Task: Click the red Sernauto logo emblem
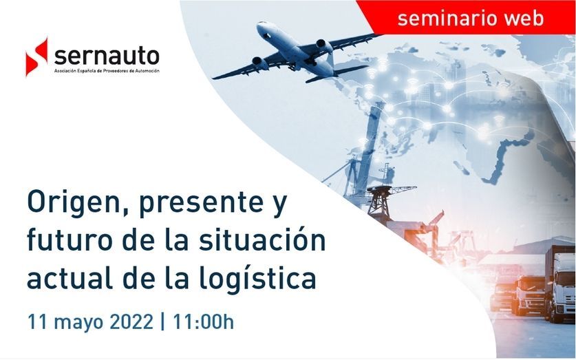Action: (36, 57)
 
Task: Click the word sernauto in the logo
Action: (107, 56)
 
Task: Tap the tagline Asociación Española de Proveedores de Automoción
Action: (107, 71)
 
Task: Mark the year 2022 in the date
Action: (131, 321)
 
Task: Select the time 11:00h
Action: (203, 321)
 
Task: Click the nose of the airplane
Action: (259, 26)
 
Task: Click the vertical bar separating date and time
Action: (162, 321)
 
